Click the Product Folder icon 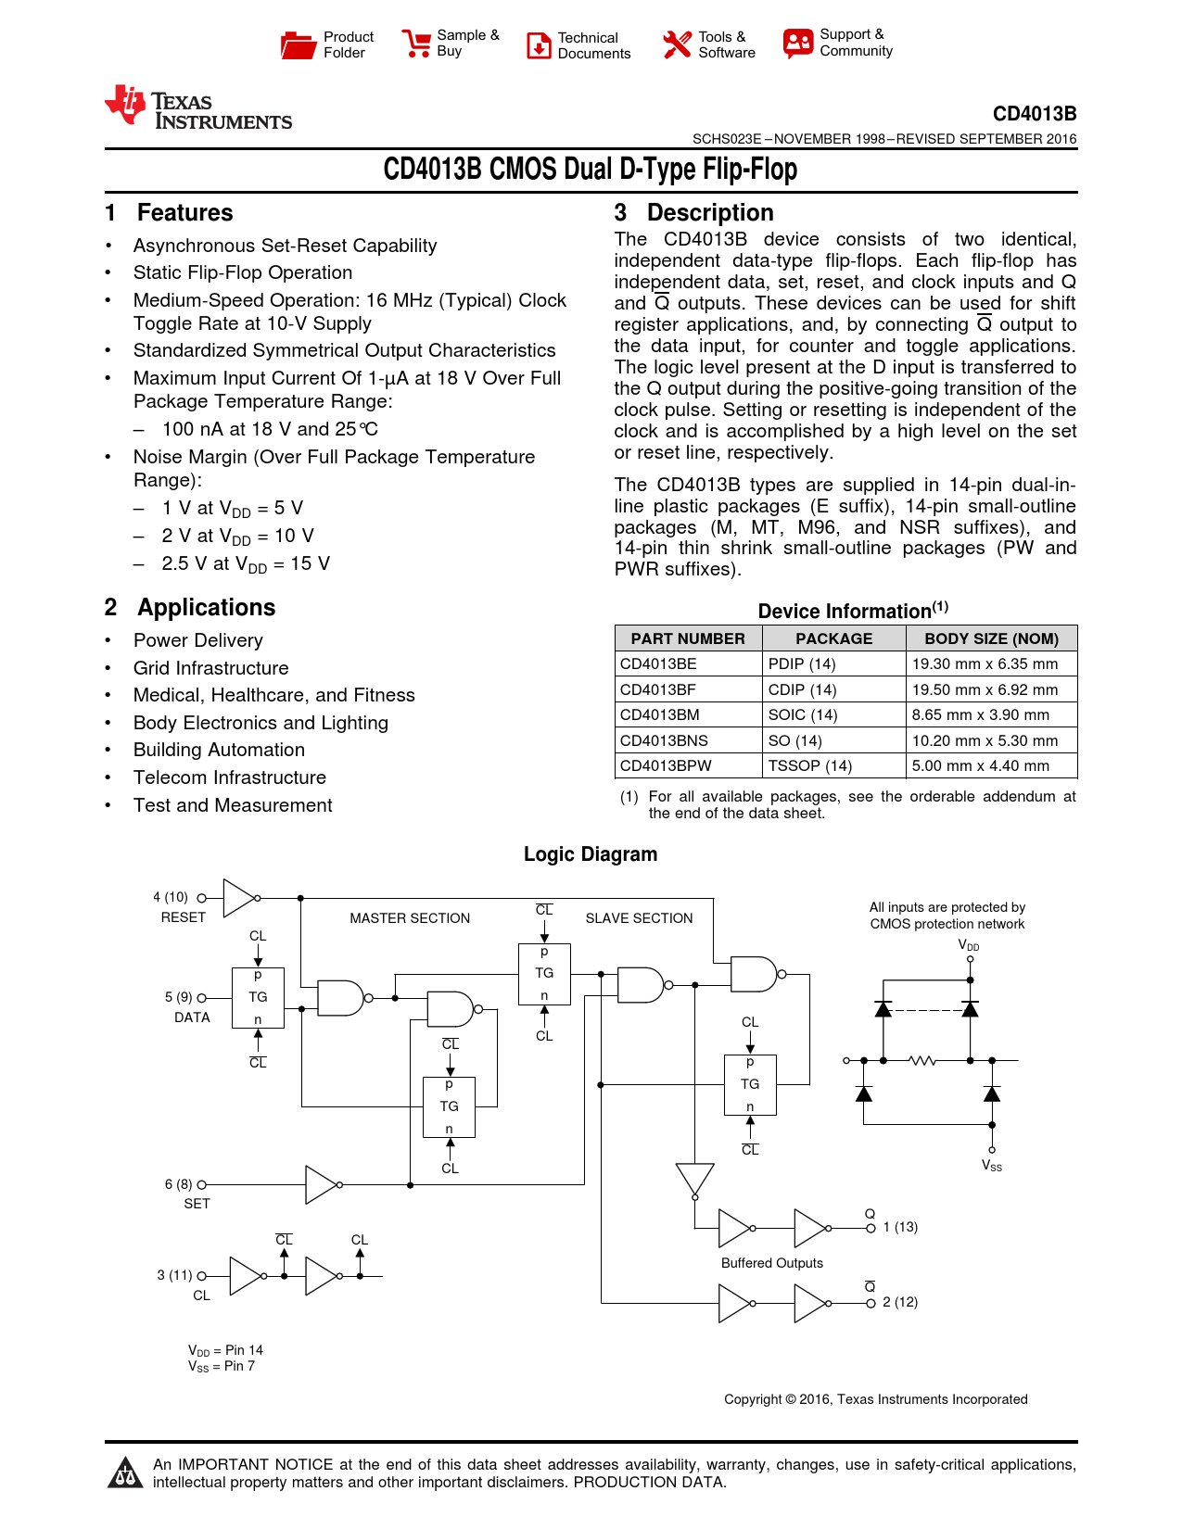point(299,44)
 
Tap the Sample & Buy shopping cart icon point(415,44)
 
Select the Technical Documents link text point(593,45)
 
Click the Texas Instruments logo point(198,108)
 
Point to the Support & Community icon point(797,44)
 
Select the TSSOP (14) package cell point(810,765)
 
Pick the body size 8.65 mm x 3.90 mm point(981,714)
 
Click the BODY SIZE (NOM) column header point(991,638)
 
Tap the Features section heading point(184,213)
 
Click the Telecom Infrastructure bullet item point(230,777)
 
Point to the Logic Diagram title point(591,854)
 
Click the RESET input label point(184,917)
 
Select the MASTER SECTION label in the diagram point(410,918)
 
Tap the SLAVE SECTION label point(639,918)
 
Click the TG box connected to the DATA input point(258,997)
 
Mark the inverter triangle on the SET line point(321,1184)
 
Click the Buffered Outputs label point(772,1263)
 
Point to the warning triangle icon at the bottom point(124,1472)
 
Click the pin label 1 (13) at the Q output point(900,1227)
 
